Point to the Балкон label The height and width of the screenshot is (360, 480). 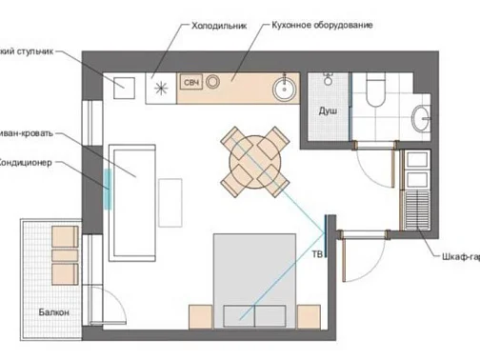coord(53,311)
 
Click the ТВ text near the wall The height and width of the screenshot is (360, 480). coord(315,254)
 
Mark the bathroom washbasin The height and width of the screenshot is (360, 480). coord(422,118)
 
